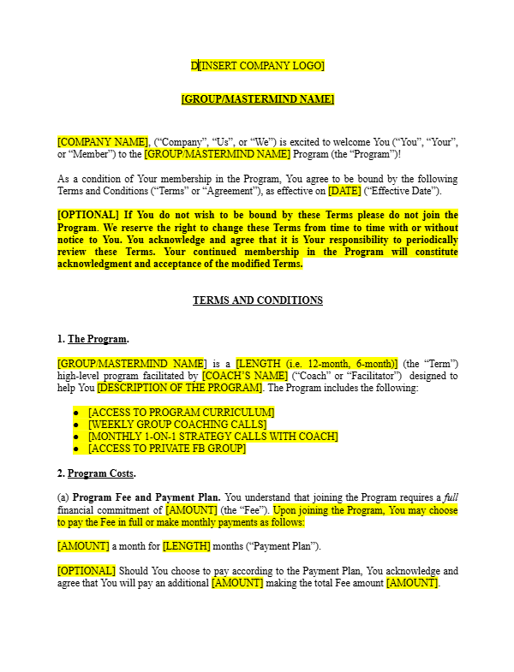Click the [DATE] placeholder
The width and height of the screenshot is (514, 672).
(x=344, y=191)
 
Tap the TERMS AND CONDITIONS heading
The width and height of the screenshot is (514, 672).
(x=257, y=300)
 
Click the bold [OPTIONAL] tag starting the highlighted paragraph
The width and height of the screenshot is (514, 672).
(x=88, y=215)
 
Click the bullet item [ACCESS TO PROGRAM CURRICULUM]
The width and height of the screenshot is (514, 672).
(x=181, y=413)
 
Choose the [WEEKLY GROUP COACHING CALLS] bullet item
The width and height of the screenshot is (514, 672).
(x=176, y=425)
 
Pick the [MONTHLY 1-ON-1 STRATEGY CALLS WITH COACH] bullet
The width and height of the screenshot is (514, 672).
(x=212, y=437)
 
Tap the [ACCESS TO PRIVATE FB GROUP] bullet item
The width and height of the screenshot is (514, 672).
(x=166, y=449)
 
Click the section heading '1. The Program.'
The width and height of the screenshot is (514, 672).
(x=92, y=339)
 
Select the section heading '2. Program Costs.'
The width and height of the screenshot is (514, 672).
(x=96, y=473)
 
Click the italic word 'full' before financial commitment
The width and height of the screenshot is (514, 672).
(x=451, y=497)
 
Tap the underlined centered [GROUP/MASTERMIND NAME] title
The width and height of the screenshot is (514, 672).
(x=257, y=99)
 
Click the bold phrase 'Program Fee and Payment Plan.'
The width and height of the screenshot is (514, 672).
(x=146, y=497)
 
